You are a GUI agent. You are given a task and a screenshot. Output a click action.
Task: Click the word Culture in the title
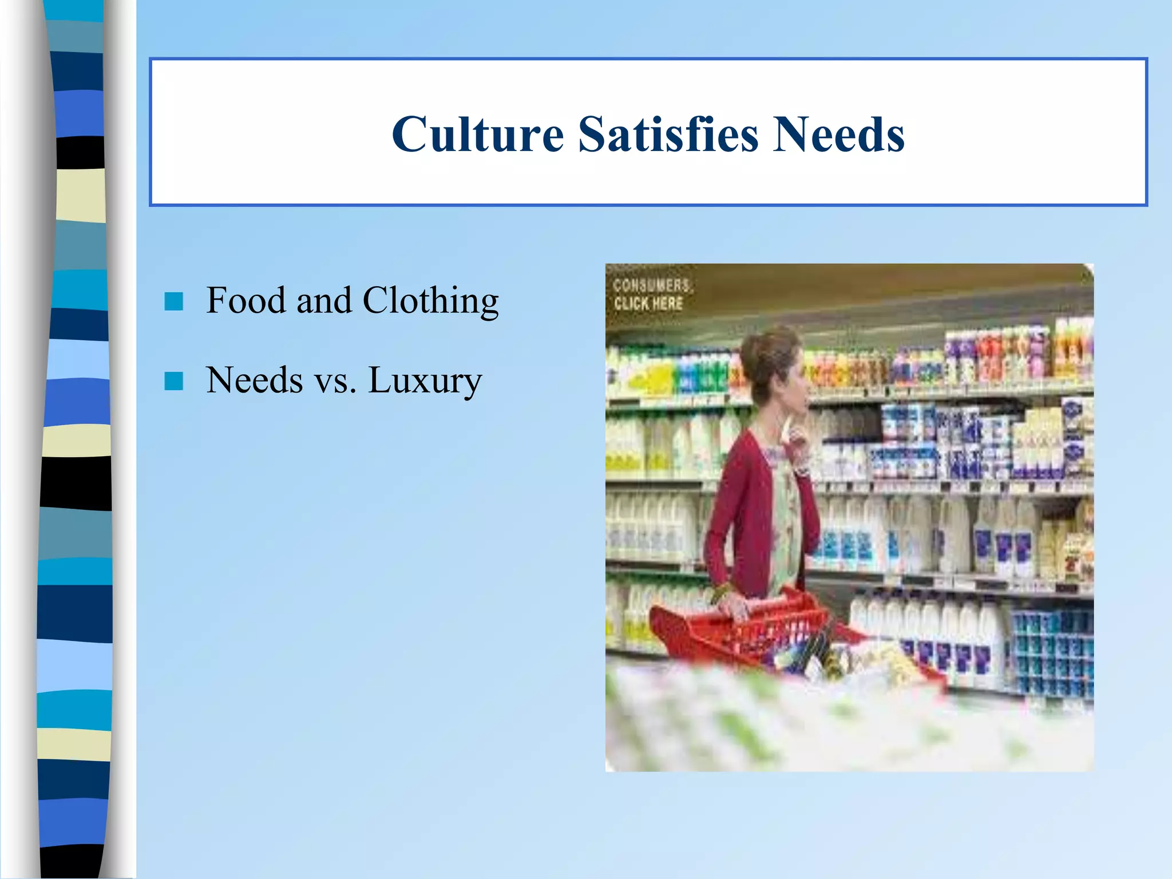478,134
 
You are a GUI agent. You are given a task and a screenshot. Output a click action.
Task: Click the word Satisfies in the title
668,134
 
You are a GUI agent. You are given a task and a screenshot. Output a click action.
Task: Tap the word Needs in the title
838,134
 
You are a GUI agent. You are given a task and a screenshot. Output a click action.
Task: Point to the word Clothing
430,301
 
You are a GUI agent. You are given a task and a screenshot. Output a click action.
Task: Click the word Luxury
425,381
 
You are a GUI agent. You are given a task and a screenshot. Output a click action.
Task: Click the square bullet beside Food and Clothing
173,301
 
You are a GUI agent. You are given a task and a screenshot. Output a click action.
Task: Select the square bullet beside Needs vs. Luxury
173,381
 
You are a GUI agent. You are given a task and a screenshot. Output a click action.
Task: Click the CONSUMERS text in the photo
651,285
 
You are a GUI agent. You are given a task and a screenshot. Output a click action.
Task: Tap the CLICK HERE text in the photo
648,303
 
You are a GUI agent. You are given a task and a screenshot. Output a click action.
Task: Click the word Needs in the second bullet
254,380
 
